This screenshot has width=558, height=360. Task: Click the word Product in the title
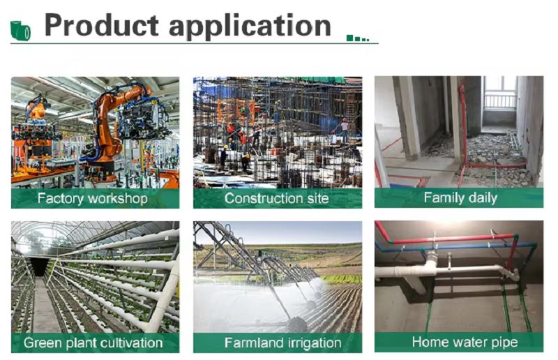[101, 25]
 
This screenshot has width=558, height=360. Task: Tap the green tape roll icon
[20, 31]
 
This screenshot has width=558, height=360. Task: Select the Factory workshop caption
[93, 198]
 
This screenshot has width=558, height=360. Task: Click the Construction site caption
[276, 198]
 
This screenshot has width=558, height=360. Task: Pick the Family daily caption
[460, 198]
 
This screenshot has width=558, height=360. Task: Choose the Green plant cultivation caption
[93, 343]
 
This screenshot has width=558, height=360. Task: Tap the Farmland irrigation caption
[283, 343]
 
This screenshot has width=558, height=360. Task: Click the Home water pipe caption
[465, 342]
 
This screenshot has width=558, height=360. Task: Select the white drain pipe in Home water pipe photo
[445, 271]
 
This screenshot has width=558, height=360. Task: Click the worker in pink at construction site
[344, 130]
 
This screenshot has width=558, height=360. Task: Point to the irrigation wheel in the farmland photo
[297, 324]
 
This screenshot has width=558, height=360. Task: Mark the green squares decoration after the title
[358, 38]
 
